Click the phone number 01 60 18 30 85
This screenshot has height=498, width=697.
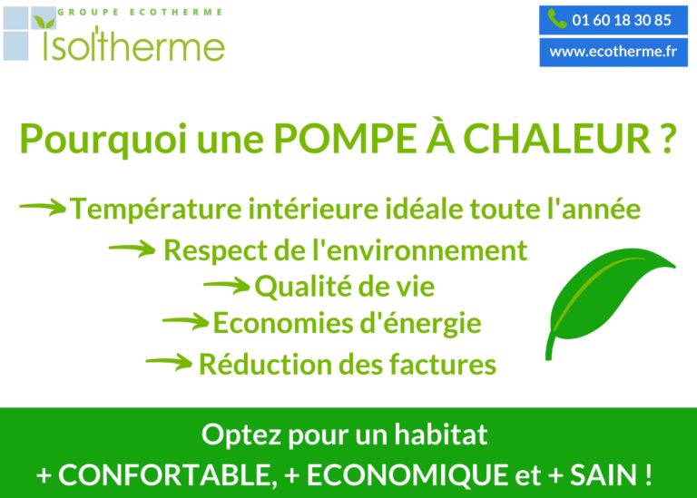tap(622, 21)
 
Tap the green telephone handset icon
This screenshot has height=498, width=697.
tap(557, 19)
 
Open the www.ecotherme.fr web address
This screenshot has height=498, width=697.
tap(614, 52)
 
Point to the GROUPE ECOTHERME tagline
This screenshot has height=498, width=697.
tap(140, 12)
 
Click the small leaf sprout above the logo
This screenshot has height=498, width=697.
tap(44, 22)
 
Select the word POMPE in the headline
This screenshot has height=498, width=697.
tap(345, 139)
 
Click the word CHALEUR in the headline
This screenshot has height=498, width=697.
tap(557, 139)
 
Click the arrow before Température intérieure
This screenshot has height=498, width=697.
tap(43, 207)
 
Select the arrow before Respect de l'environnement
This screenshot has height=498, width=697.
tap(132, 249)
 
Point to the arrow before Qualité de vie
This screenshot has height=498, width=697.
tap(227, 285)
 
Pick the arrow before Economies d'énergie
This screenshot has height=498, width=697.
tap(185, 321)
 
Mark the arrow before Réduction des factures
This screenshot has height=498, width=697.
tap(169, 362)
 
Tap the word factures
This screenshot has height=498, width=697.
tap(443, 365)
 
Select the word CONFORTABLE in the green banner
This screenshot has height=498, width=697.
tap(165, 474)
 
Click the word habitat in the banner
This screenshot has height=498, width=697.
tap(441, 435)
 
